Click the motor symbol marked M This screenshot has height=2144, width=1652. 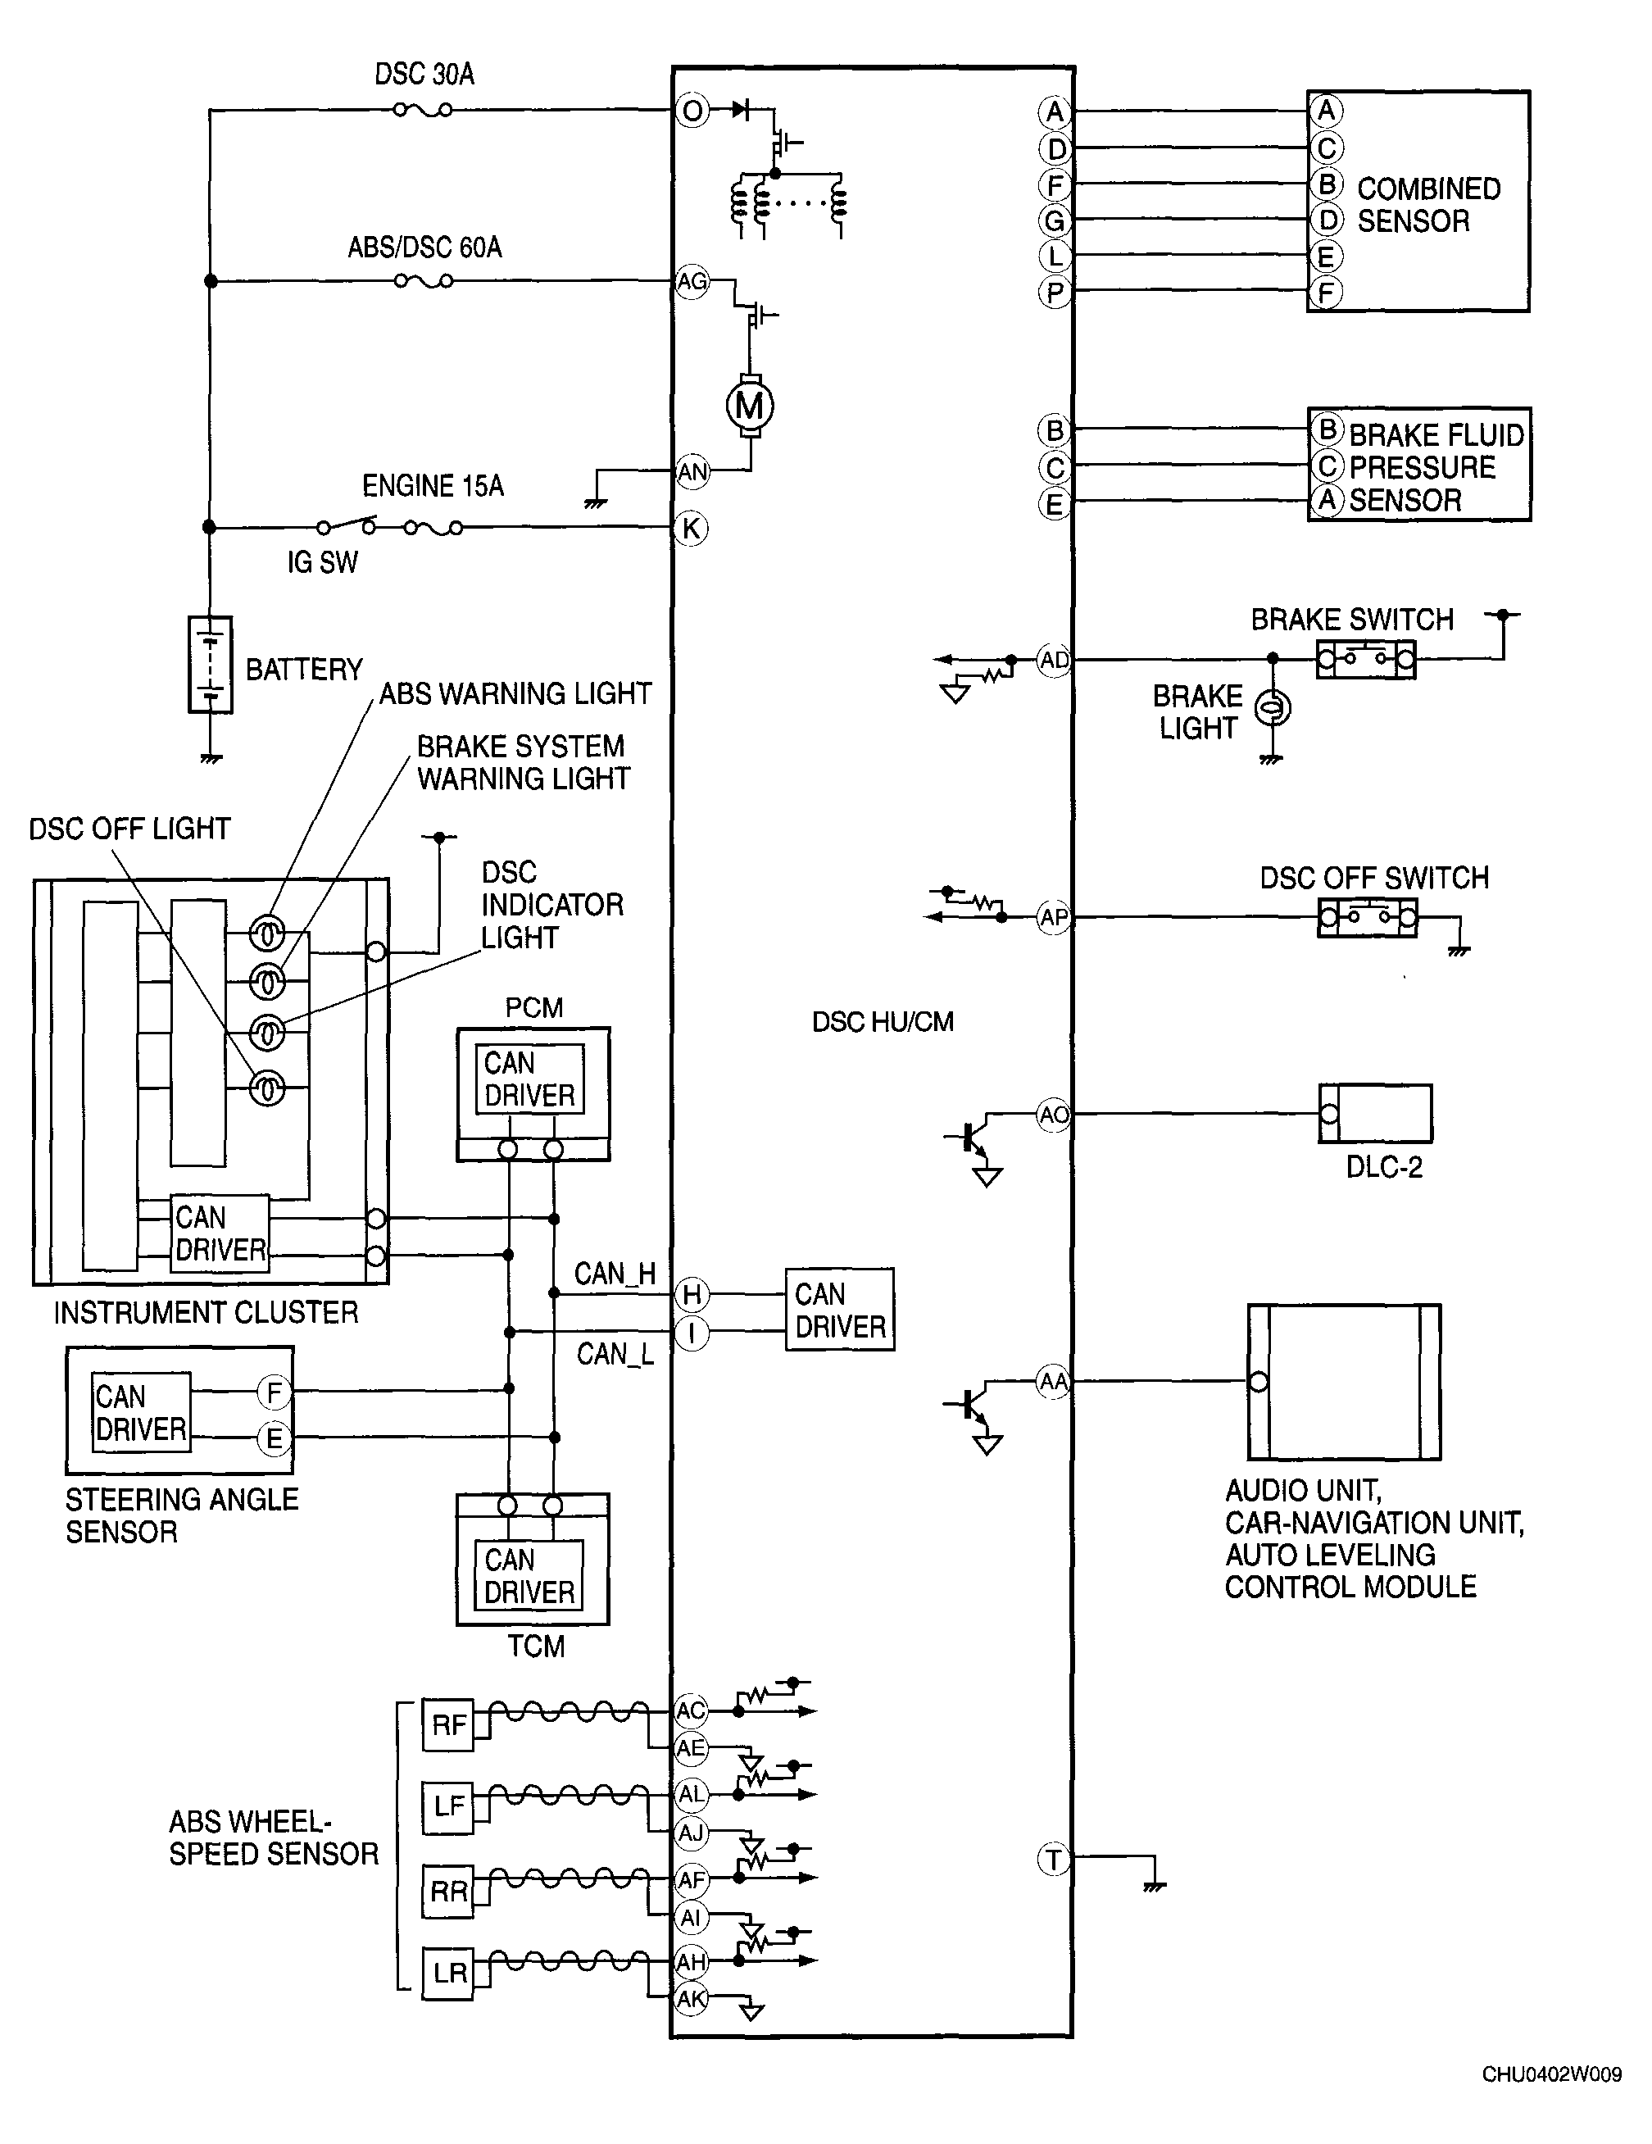[750, 406]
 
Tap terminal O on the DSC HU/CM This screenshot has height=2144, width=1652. [692, 111]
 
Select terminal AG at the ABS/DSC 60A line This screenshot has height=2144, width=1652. [692, 282]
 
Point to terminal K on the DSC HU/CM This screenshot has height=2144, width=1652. [692, 528]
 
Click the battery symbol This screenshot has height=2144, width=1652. [210, 665]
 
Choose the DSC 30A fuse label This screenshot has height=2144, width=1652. [424, 75]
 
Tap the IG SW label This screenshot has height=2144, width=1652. [322, 562]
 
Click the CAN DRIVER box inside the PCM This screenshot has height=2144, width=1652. [530, 1079]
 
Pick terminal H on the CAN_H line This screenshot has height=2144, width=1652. [692, 1295]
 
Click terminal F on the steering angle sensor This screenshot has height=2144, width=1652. [274, 1392]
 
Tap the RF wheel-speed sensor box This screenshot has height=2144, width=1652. [448, 1725]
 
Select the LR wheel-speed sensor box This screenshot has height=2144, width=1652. [448, 1974]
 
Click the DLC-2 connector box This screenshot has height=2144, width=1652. [1375, 1113]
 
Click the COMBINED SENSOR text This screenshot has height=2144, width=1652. [1428, 204]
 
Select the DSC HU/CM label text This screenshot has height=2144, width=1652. [883, 1022]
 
